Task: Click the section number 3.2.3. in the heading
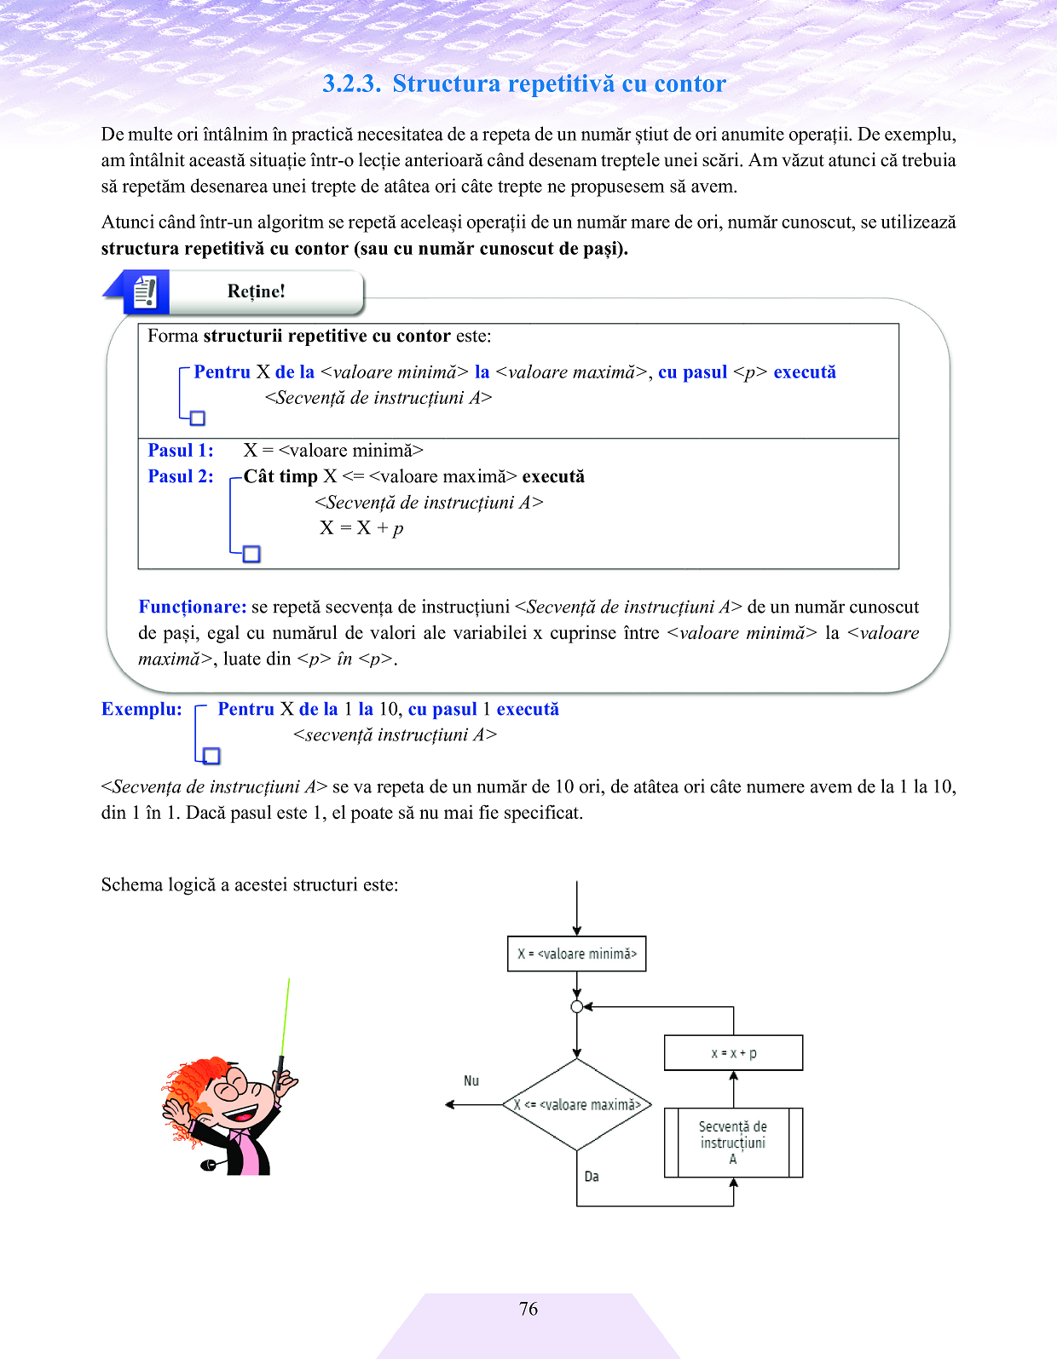tap(351, 83)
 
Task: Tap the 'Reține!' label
tap(256, 291)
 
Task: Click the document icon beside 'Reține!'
tap(146, 292)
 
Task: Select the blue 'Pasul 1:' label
tap(181, 451)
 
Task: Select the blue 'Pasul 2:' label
tap(181, 476)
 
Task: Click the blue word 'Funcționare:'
tap(193, 607)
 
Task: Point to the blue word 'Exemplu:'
tap(142, 709)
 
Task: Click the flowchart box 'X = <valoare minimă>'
tap(577, 954)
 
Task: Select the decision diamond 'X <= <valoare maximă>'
tap(577, 1105)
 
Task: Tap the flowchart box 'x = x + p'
tap(734, 1053)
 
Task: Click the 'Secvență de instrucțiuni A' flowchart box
tap(734, 1143)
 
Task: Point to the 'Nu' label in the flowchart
tap(471, 1080)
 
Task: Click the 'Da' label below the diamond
tap(592, 1177)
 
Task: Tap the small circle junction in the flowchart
tap(577, 1007)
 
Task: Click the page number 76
tap(528, 1309)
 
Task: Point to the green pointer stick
tap(285, 1018)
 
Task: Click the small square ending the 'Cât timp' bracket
tap(251, 554)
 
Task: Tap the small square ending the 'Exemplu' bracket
tap(212, 756)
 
